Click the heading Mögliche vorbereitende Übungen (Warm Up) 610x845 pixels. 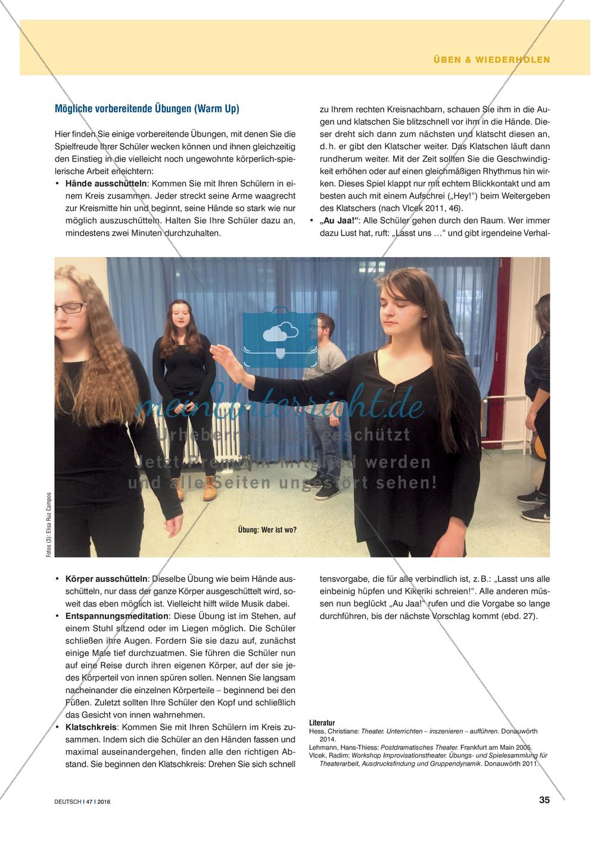click(147, 109)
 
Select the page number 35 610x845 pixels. click(544, 800)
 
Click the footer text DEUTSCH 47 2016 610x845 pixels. click(82, 801)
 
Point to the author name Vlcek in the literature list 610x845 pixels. click(318, 755)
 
